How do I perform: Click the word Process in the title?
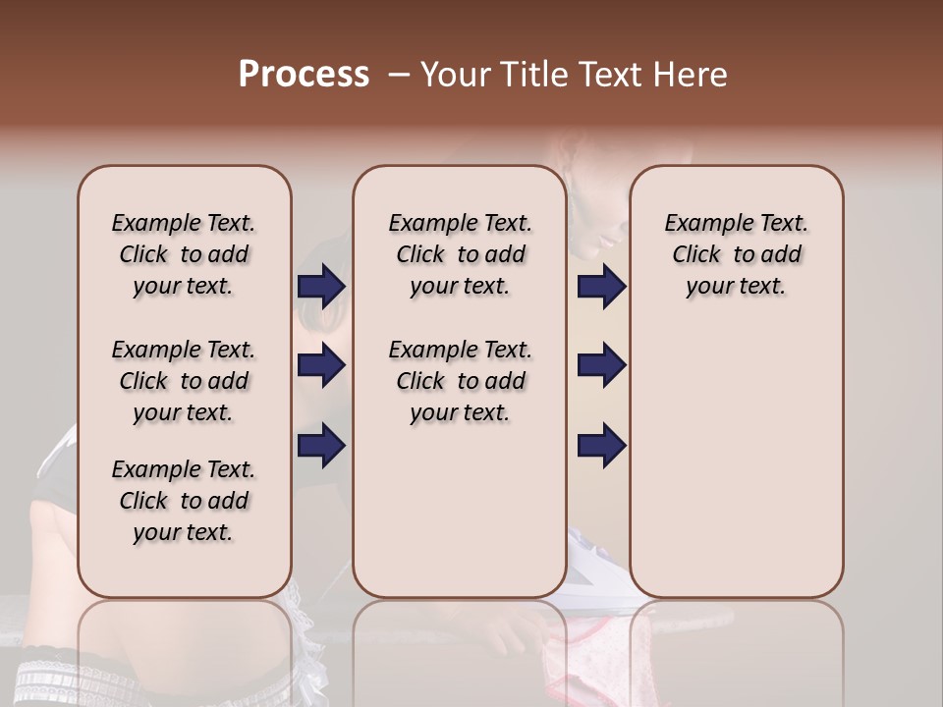(304, 75)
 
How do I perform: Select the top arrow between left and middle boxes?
(321, 287)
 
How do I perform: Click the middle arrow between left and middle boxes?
(321, 365)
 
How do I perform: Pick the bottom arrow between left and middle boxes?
(321, 445)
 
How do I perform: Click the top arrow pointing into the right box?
(601, 287)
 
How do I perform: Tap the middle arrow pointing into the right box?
(601, 365)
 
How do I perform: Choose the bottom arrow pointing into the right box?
(601, 445)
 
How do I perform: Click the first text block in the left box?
(184, 254)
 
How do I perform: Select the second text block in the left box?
(184, 381)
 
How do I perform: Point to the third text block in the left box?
(184, 501)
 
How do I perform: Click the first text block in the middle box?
(460, 254)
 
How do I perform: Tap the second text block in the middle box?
(460, 381)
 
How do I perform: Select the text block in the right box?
(736, 254)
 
